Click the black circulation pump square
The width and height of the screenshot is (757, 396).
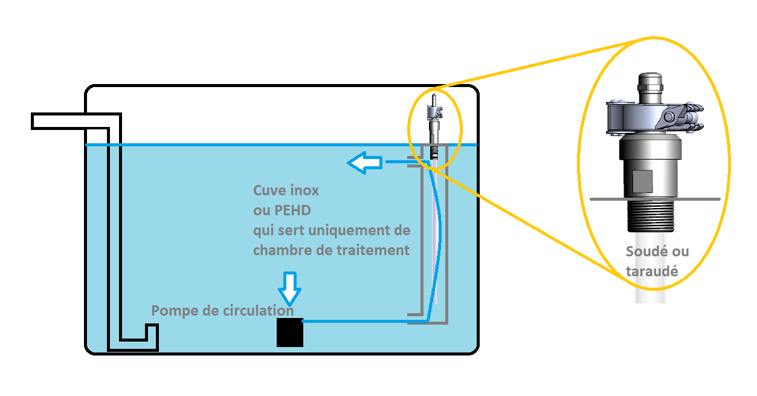click(289, 332)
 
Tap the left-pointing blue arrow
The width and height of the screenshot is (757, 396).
click(364, 162)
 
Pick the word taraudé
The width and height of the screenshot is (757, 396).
click(651, 271)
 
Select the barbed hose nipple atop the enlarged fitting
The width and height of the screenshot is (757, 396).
click(650, 84)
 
